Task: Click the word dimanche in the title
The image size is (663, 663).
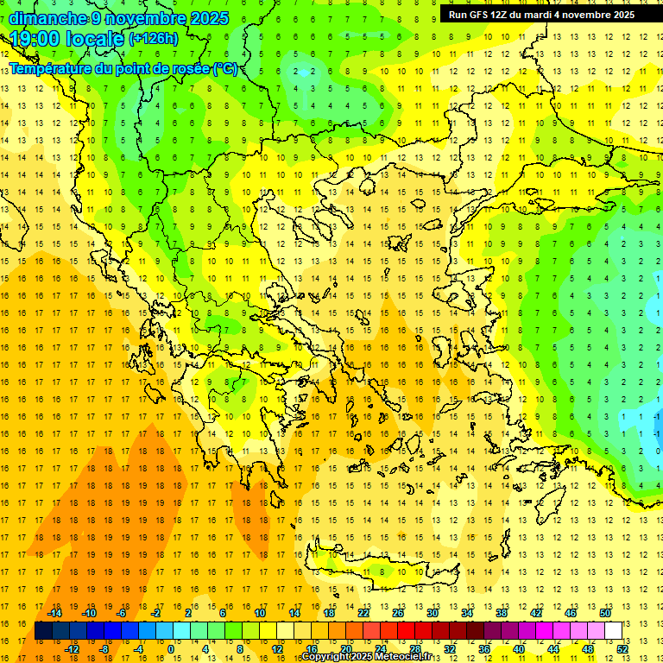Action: [47, 18]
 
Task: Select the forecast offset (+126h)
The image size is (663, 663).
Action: [154, 39]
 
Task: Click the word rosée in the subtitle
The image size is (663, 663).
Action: [190, 69]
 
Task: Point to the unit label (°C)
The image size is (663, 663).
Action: [226, 69]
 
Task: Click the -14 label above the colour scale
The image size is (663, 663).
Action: [55, 613]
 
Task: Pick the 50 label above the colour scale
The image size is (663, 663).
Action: [605, 613]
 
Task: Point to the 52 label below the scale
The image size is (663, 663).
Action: [622, 648]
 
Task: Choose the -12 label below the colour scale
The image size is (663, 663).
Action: [72, 648]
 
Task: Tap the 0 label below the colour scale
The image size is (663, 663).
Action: [171, 648]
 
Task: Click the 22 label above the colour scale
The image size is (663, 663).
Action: [363, 613]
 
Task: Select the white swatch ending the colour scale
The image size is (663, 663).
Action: [614, 630]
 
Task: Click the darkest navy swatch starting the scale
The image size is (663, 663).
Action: [43, 630]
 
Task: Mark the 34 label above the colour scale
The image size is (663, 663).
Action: [467, 613]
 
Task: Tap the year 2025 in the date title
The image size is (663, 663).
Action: [210, 18]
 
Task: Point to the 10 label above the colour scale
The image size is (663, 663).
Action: [260, 613]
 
